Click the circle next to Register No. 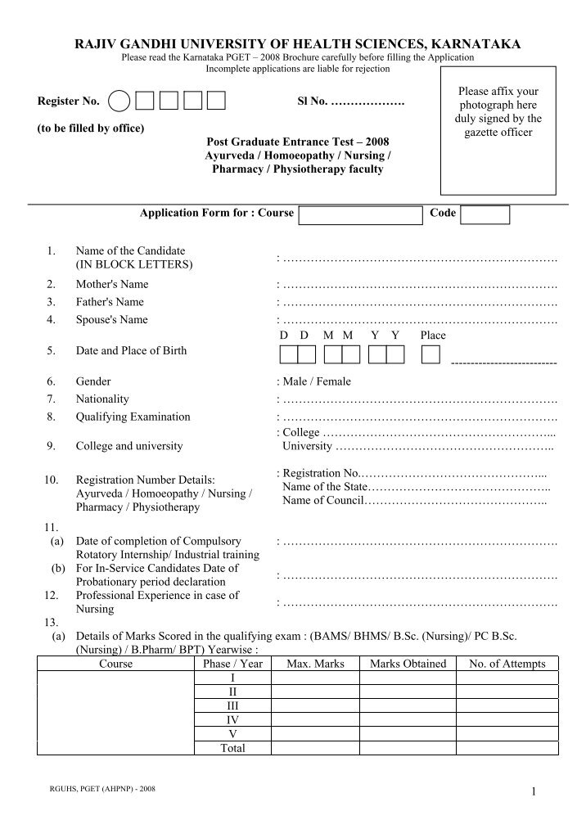click(x=119, y=101)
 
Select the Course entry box click(x=360, y=214)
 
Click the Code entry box click(x=485, y=214)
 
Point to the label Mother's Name click(x=112, y=285)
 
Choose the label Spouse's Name click(x=112, y=320)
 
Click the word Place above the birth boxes click(x=433, y=336)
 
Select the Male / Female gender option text click(x=317, y=381)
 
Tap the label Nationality click(x=102, y=399)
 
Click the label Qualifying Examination click(x=133, y=417)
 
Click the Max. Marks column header click(x=315, y=664)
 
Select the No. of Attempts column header click(x=507, y=664)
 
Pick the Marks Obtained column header click(x=408, y=664)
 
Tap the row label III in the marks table click(x=233, y=705)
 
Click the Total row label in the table click(x=233, y=748)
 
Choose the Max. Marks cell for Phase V click(x=315, y=734)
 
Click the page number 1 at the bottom click(x=533, y=791)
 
